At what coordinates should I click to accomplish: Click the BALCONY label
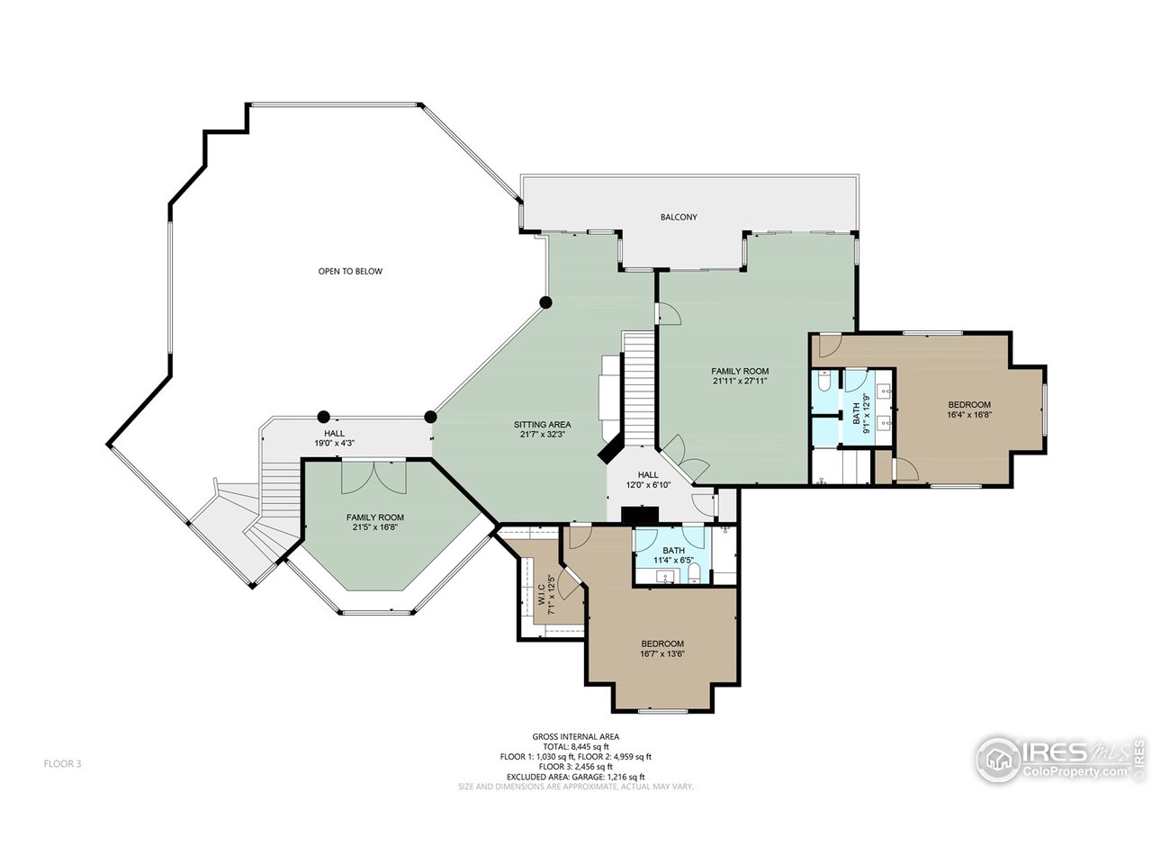point(678,217)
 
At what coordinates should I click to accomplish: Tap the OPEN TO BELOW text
point(350,271)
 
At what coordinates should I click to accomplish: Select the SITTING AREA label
point(542,425)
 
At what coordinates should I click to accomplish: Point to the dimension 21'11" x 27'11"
point(740,381)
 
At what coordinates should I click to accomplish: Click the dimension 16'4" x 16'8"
point(968,414)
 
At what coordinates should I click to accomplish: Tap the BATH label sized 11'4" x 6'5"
point(673,550)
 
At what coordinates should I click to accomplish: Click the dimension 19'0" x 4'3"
point(334,443)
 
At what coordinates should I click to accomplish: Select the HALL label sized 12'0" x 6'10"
point(648,475)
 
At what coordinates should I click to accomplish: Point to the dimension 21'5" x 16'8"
point(374,526)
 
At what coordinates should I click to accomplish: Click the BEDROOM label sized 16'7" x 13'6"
point(662,643)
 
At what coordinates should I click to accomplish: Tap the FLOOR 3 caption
point(62,764)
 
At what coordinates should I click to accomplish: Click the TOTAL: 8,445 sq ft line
point(576,746)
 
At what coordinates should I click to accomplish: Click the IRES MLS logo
point(1060,760)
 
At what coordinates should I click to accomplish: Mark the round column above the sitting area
point(546,302)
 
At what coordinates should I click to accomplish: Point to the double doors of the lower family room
point(373,477)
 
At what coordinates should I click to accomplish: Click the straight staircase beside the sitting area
point(638,388)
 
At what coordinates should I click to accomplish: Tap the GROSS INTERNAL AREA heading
point(576,736)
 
